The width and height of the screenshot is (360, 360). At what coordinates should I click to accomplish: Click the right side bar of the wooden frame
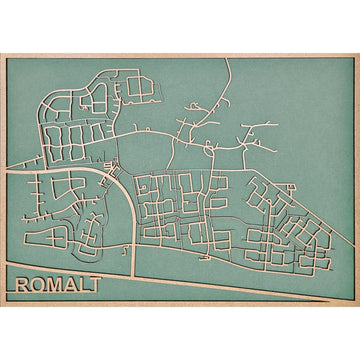pyautogui.click(x=355, y=180)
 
